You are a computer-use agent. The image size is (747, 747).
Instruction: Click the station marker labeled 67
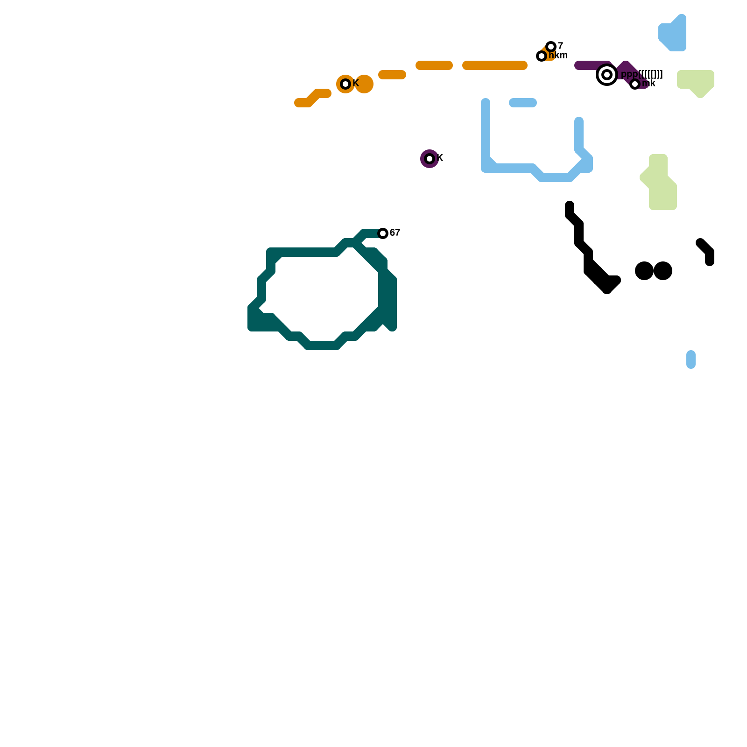(383, 233)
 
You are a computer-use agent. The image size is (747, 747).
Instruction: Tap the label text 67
(395, 233)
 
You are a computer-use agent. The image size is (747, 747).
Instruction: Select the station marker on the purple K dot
(430, 159)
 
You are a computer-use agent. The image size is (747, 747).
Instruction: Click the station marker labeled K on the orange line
(345, 84)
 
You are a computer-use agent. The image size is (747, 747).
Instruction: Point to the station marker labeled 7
(551, 47)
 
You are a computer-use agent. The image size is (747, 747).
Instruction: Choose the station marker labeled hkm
(542, 56)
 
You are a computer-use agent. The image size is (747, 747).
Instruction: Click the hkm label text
(558, 56)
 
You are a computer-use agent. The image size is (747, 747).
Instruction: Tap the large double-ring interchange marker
(607, 75)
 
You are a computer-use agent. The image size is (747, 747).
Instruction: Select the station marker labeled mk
(635, 84)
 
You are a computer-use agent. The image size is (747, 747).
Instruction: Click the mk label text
(649, 84)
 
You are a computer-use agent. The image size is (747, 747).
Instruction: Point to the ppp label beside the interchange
(642, 74)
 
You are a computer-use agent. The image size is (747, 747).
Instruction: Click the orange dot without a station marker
(364, 84)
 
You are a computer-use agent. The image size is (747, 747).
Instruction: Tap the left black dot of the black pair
(644, 271)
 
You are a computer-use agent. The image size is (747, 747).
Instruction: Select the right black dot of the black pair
(663, 271)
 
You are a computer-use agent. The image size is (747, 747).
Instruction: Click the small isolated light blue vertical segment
(691, 359)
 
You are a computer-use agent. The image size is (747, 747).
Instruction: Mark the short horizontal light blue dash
(523, 103)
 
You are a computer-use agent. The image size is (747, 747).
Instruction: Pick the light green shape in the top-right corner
(696, 81)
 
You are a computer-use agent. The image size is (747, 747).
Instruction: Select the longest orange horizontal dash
(495, 65)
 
